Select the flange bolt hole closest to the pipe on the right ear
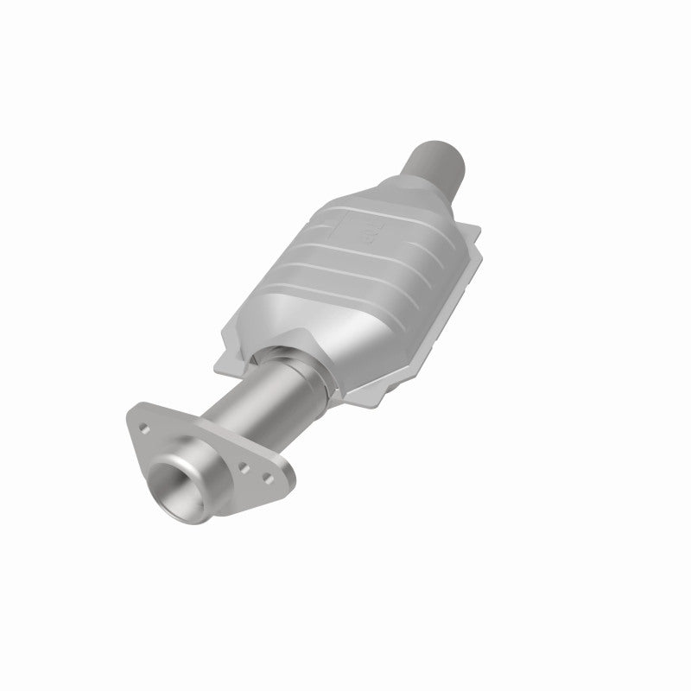click(x=246, y=466)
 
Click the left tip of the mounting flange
click(x=132, y=421)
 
